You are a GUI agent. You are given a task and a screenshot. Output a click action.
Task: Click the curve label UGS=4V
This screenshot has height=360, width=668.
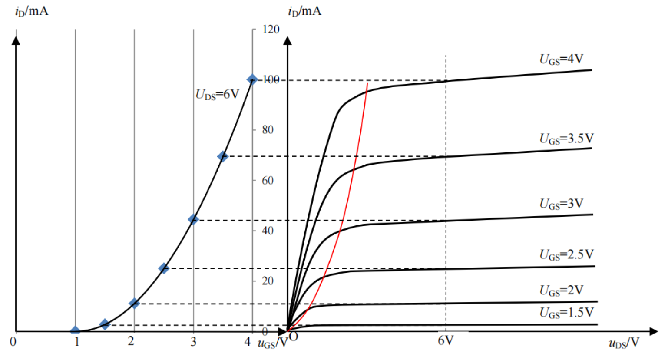pos(561,59)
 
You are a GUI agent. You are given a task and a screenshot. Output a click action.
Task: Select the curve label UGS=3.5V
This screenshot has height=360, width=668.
pos(566,139)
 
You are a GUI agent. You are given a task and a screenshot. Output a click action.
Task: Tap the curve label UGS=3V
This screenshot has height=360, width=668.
pos(561,204)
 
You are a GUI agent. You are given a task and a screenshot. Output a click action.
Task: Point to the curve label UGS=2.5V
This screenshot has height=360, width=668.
pos(566,254)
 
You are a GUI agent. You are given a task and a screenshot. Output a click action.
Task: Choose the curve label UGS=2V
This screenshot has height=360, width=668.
pos(561,290)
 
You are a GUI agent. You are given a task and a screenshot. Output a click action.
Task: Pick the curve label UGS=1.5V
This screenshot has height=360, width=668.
pos(566,313)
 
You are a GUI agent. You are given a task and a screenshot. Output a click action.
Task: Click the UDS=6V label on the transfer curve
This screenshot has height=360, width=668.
pos(217,94)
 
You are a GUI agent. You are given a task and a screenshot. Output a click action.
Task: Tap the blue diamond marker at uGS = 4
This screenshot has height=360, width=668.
pos(252,79)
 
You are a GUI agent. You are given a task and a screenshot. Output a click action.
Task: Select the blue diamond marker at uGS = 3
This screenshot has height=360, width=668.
pos(193,220)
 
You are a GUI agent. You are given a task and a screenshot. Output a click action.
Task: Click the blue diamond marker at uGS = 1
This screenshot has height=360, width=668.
pos(75,331)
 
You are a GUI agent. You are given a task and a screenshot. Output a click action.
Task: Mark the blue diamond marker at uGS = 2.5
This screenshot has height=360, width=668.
pos(163,268)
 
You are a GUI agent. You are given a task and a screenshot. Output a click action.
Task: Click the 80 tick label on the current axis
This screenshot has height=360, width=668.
pos(268,130)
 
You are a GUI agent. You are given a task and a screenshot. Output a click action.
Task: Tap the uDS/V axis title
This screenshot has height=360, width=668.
pos(624,343)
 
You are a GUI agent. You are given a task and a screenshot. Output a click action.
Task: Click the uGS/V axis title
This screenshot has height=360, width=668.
pos(272,343)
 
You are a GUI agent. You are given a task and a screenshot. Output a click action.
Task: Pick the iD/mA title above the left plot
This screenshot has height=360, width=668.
pos(32,11)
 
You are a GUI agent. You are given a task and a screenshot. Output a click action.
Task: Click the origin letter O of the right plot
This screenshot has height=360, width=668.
pos(294,337)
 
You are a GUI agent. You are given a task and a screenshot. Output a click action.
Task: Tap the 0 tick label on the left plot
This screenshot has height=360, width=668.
pos(13,342)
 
